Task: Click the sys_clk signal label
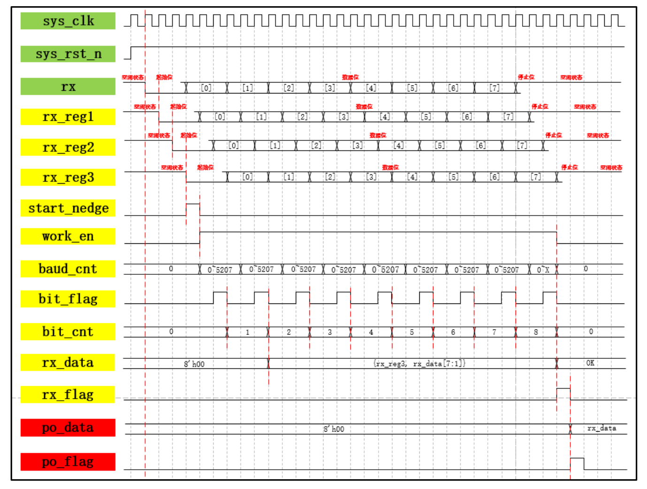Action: [x=68, y=21]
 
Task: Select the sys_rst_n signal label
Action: [x=68, y=54]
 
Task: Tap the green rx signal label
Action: [x=68, y=86]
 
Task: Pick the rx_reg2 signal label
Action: [x=68, y=147]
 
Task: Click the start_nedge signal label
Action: [x=68, y=208]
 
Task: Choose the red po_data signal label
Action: [x=68, y=427]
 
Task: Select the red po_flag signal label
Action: [x=68, y=462]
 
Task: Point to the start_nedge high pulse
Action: [x=193, y=210]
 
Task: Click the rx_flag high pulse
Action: [x=563, y=394]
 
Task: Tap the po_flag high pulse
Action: [x=577, y=464]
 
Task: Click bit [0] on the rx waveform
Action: [x=206, y=88]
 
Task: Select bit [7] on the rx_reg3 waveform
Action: [x=536, y=177]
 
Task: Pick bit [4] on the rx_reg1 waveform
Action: [x=385, y=116]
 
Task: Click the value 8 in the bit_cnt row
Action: [x=536, y=332]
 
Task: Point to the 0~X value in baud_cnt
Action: [x=543, y=270]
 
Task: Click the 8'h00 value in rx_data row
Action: [x=194, y=364]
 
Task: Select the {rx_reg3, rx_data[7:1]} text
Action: [x=419, y=364]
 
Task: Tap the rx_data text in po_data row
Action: [x=601, y=428]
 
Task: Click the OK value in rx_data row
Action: [x=590, y=363]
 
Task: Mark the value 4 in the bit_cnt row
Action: [x=371, y=332]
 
